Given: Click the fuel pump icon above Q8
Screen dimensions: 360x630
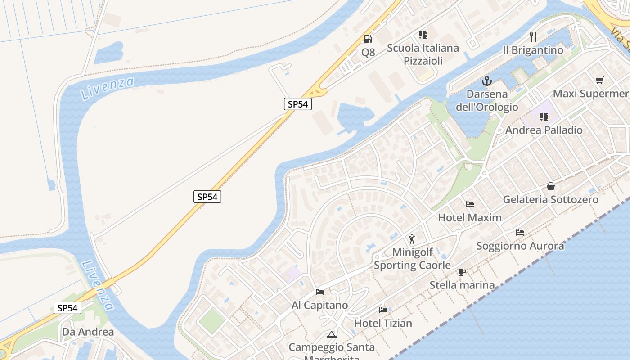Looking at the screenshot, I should click(368, 39).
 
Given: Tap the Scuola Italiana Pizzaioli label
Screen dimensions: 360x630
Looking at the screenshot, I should click(423, 54).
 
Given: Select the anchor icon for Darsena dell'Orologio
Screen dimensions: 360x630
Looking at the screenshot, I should click(487, 81).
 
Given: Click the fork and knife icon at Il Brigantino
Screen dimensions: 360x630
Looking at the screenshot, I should click(533, 36).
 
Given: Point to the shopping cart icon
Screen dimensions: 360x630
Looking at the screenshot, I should click(599, 81).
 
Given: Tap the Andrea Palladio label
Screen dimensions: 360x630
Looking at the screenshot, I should click(544, 130).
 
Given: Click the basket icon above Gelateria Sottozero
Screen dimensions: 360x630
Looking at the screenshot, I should click(551, 186).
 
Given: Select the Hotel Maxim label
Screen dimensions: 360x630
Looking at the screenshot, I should click(470, 218).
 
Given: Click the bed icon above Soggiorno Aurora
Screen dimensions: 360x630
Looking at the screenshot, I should click(520, 233).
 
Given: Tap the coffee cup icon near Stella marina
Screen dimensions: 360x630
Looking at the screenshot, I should click(462, 272).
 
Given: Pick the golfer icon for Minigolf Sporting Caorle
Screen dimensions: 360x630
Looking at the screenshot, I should click(411, 239).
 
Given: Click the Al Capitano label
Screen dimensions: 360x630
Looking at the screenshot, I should click(320, 305).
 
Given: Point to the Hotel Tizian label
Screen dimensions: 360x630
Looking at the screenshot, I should click(383, 323).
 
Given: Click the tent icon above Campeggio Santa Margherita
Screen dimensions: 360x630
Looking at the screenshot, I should click(332, 335).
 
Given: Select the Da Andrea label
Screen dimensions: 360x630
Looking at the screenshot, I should click(88, 332).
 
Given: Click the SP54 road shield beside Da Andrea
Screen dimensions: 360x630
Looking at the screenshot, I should click(68, 308).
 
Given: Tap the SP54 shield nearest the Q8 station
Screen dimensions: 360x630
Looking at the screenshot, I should click(298, 104).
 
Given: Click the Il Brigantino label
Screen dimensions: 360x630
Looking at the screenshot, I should click(533, 50).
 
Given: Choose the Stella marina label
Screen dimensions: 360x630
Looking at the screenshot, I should click(462, 285).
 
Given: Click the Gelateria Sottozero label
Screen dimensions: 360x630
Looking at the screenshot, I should click(551, 199).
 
